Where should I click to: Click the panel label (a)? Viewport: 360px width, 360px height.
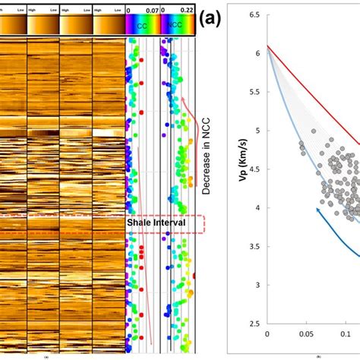click(x=210, y=21)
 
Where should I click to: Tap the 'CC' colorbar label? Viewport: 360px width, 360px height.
click(x=142, y=25)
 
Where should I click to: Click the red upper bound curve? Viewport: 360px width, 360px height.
click(x=319, y=91)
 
